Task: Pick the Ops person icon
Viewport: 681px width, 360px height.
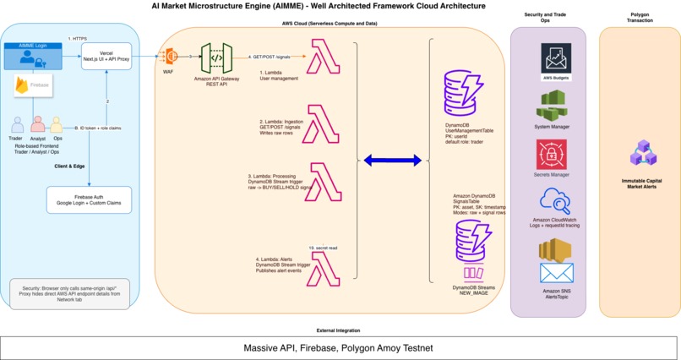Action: [x=57, y=125]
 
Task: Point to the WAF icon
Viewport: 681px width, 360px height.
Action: [x=171, y=57]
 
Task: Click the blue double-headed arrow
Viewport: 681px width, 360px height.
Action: [x=391, y=161]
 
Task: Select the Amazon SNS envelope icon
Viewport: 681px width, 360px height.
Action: [x=556, y=273]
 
